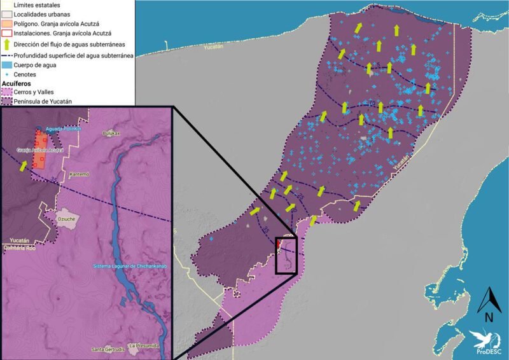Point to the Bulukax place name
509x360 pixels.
(x=112, y=134)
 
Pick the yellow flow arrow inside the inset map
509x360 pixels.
(x=24, y=166)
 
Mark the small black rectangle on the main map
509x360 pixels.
(x=286, y=254)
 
